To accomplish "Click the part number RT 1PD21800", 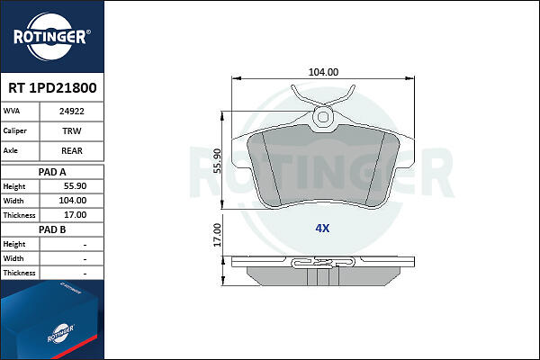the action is (52, 88).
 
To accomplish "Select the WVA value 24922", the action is (72, 112).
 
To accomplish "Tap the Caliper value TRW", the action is (72, 130).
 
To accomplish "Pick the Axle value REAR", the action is (72, 150).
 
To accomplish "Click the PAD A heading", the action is (52, 172).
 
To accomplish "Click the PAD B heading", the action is (52, 229).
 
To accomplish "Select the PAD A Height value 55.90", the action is (75, 186).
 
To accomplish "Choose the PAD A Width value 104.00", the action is (73, 201).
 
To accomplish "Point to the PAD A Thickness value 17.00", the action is (75, 215).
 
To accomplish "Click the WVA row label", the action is (12, 111).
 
